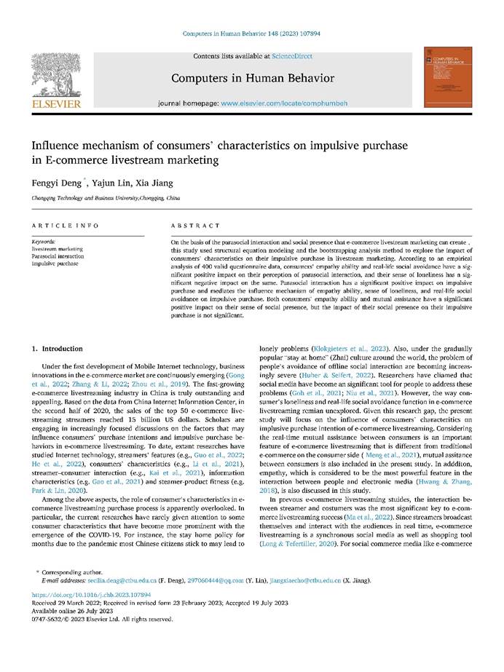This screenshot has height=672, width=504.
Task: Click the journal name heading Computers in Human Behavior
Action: (x=252, y=78)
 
